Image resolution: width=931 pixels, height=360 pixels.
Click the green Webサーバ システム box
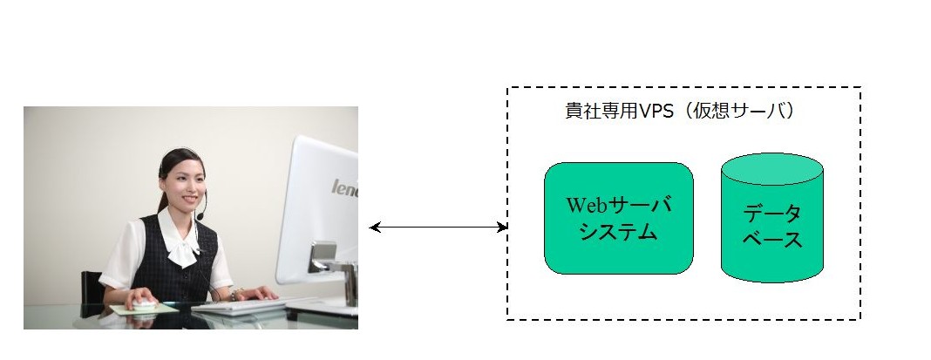click(x=619, y=218)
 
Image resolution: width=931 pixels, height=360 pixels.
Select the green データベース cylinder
click(x=771, y=217)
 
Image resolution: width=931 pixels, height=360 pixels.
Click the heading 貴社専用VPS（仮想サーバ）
click(x=679, y=111)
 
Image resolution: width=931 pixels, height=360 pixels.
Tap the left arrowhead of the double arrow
click(x=374, y=227)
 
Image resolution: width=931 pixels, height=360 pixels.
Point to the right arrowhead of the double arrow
click(x=502, y=227)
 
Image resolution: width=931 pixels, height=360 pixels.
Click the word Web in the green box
click(x=588, y=205)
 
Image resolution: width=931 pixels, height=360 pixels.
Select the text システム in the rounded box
click(x=619, y=231)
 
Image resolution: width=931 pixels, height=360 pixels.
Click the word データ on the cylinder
click(x=771, y=213)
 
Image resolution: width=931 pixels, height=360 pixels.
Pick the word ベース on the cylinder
click(x=771, y=240)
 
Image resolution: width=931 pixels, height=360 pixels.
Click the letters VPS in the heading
click(x=655, y=111)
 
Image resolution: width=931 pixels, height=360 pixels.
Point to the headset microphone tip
click(x=200, y=216)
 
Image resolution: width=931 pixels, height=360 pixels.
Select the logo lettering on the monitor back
click(x=345, y=187)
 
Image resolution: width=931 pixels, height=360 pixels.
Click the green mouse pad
click(x=145, y=309)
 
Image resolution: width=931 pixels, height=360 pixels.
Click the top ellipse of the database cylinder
click(x=771, y=169)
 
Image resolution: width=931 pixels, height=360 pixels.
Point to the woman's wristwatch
click(x=236, y=294)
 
